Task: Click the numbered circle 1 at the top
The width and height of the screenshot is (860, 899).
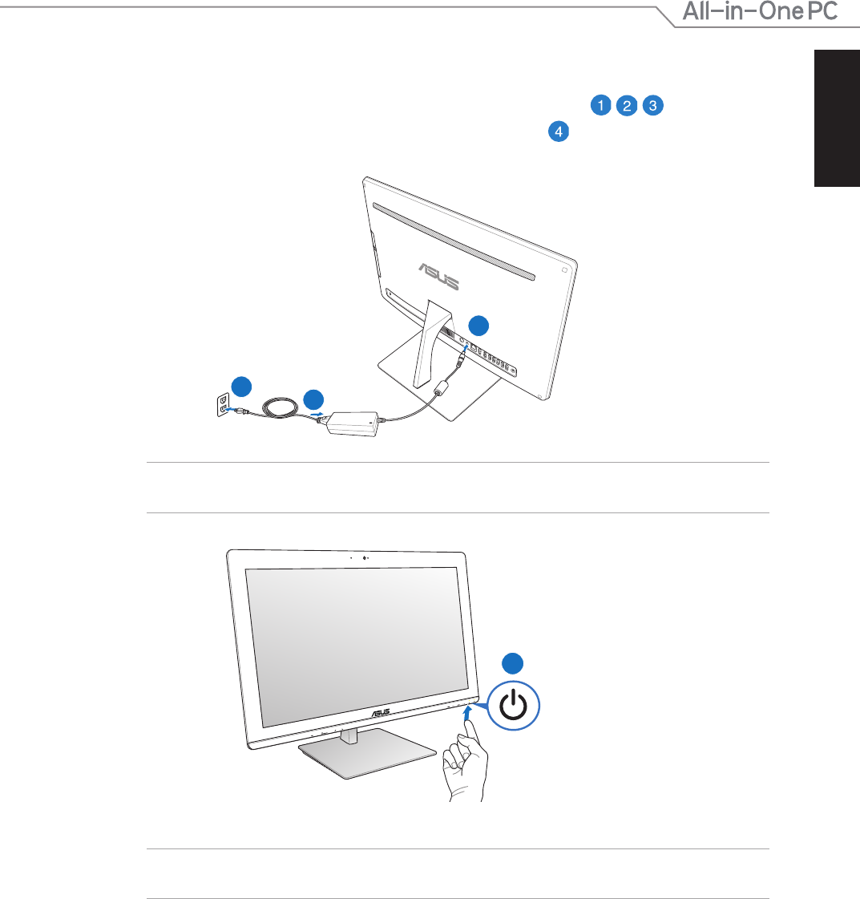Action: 600,105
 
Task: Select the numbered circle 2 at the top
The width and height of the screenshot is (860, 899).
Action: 627,106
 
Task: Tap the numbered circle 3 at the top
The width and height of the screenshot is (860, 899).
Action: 653,105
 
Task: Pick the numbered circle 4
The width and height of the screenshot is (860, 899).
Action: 559,132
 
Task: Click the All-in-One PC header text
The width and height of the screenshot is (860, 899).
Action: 761,11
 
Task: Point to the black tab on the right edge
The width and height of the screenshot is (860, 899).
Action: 837,118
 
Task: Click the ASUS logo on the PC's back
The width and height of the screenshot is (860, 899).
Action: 439,277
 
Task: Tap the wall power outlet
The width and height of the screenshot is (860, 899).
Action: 224,405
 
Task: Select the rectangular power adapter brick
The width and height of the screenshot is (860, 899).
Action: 353,423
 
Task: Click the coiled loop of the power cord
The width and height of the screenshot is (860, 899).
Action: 281,407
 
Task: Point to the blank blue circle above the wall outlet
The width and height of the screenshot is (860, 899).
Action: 242,387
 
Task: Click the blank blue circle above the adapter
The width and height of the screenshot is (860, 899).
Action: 313,400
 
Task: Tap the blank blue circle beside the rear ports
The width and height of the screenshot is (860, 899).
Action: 478,326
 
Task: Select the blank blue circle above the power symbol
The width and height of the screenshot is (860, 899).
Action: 513,663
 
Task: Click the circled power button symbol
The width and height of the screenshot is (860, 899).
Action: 514,706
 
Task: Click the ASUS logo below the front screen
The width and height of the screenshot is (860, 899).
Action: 381,713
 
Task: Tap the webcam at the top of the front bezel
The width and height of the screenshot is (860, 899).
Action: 365,558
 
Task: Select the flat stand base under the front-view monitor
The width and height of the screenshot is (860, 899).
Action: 367,753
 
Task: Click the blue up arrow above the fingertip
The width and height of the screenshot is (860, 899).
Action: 467,713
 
